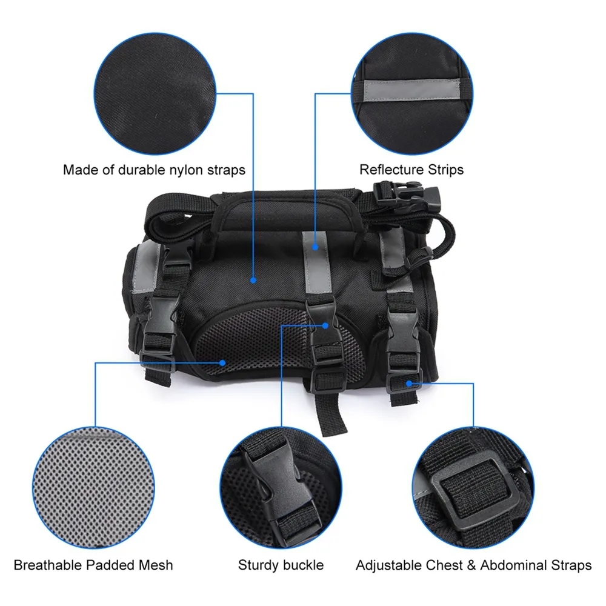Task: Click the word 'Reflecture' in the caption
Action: (x=391, y=170)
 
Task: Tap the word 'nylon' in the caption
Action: (x=182, y=170)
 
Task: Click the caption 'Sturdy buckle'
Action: (x=281, y=565)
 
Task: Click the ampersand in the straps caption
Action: (x=471, y=565)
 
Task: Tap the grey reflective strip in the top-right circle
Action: (x=411, y=90)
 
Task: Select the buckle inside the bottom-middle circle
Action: (x=279, y=491)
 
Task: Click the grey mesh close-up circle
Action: (x=93, y=487)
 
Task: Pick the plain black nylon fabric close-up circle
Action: (x=155, y=93)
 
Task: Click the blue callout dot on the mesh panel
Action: (x=222, y=363)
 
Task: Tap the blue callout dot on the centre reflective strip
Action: (x=315, y=247)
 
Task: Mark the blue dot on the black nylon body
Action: (x=253, y=280)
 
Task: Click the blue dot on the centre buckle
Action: (x=325, y=326)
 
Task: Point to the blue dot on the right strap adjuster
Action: (x=409, y=384)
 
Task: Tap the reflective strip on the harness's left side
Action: (x=145, y=267)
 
